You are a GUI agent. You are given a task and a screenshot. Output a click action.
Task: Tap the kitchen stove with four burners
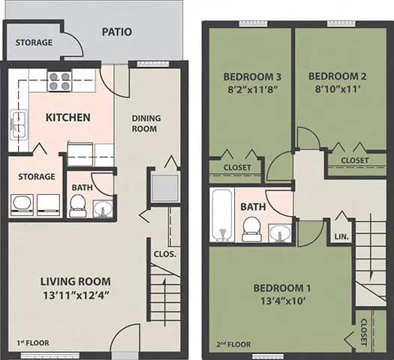pos(59,80)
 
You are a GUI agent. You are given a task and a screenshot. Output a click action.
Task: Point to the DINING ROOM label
pos(144,123)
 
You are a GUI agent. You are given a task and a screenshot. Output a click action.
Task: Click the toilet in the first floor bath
pos(77,205)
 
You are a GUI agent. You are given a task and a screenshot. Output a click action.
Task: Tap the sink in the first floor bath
pos(102,208)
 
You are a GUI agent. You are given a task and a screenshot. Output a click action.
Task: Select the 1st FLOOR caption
pos(33,343)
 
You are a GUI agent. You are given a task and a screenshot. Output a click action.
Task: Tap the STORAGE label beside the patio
pos(34,43)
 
